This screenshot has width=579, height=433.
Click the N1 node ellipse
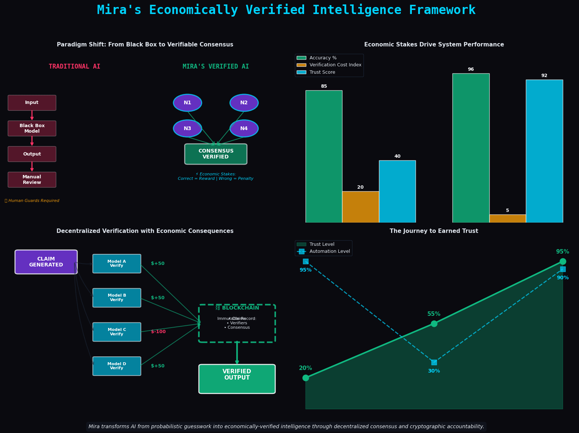187,103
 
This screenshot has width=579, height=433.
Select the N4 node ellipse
244,129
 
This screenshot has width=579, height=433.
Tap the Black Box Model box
32,129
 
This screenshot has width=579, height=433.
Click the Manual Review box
32,180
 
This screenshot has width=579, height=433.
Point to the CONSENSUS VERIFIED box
216,154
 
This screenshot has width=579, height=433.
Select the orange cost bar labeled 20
360,207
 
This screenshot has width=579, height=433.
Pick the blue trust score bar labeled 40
397,191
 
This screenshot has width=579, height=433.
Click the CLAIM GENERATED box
46,262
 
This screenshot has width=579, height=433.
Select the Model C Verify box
117,332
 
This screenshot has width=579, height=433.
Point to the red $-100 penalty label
158,332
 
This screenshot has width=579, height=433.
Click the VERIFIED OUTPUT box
237,379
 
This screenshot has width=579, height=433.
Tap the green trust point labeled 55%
434,324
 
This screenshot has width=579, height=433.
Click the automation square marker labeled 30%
434,362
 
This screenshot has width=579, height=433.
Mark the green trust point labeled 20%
306,378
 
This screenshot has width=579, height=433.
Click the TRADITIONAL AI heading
75,67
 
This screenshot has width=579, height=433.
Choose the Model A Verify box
117,264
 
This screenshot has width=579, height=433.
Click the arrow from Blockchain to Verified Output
237,353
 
